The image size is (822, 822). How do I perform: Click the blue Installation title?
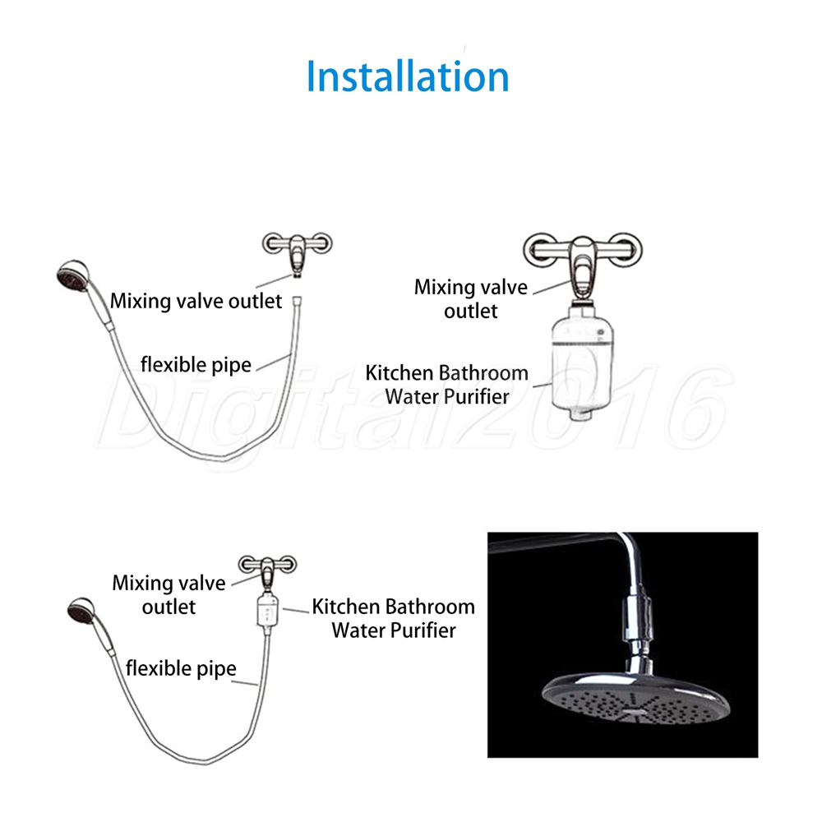click(x=408, y=76)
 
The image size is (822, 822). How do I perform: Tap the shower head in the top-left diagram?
click(x=73, y=276)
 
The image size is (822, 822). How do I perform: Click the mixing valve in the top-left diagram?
click(x=298, y=252)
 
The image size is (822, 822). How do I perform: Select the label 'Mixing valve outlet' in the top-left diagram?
click(x=196, y=302)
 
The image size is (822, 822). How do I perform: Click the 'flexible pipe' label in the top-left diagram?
click(x=196, y=365)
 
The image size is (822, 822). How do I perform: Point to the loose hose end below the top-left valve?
click(x=298, y=302)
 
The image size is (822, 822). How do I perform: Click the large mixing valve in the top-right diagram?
click(x=583, y=265)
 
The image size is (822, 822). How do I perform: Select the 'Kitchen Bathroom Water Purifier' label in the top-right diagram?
click(x=447, y=385)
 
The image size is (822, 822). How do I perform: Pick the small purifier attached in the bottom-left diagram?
click(x=267, y=612)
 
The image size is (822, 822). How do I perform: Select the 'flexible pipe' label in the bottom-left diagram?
click(x=181, y=668)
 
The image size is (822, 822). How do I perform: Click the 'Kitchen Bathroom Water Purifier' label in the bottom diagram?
click(x=394, y=618)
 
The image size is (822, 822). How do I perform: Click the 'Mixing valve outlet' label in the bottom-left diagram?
click(x=169, y=594)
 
